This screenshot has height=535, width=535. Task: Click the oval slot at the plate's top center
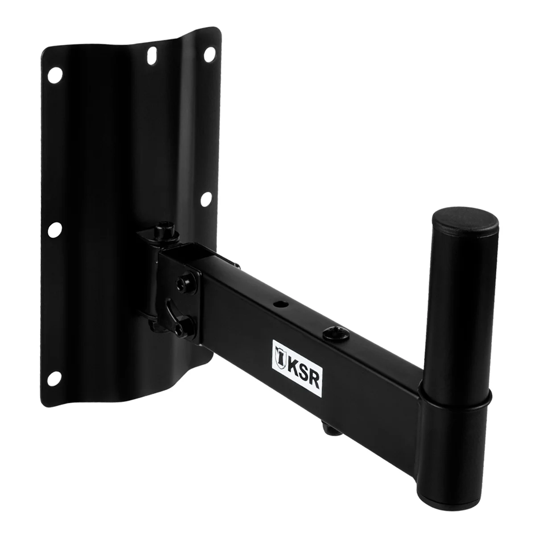(152, 55)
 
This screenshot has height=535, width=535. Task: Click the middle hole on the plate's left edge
(55, 229)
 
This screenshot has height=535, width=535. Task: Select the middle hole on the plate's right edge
(206, 199)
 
